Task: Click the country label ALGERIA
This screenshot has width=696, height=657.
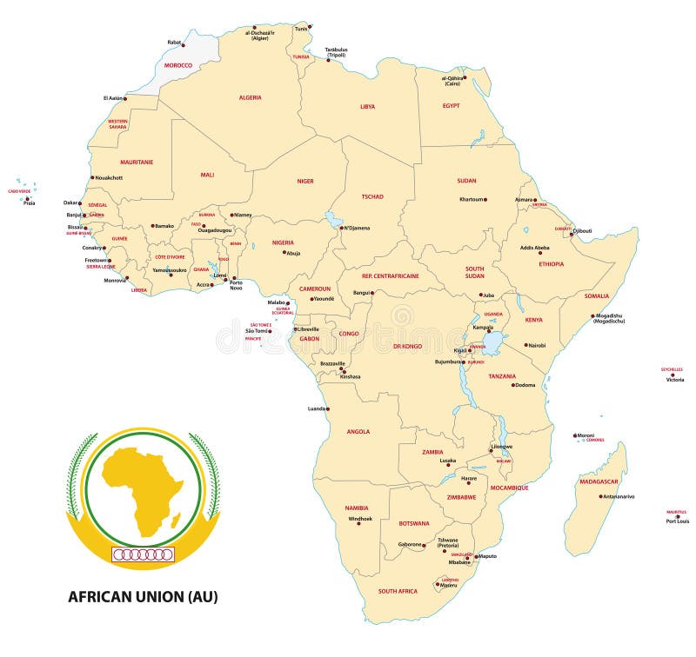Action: pos(250,97)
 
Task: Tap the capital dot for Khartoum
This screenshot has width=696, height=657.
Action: pos(485,199)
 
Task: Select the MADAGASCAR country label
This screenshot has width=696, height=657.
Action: pos(599,481)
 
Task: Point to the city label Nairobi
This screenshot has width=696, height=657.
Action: pos(536,345)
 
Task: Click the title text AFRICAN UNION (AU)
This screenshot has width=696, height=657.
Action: pos(143,596)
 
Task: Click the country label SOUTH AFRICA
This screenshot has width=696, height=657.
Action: pos(398,591)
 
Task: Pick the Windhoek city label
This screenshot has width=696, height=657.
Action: pos(360,519)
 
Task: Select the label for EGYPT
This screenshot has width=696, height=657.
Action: pos(451,105)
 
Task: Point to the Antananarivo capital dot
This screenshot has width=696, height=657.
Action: pos(599,496)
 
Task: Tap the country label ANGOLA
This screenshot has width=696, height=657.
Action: pos(358,431)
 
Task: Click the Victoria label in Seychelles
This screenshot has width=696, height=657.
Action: pos(675,380)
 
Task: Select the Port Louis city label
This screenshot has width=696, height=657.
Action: pos(677,521)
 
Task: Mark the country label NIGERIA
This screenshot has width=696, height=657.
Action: pos(284,243)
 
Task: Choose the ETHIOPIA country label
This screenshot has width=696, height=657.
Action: pos(551,263)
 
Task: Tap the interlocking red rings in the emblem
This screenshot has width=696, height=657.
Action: pos(144,554)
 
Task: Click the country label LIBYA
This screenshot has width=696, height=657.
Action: pos(368,106)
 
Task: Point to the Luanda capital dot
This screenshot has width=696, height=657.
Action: pos(327,408)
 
